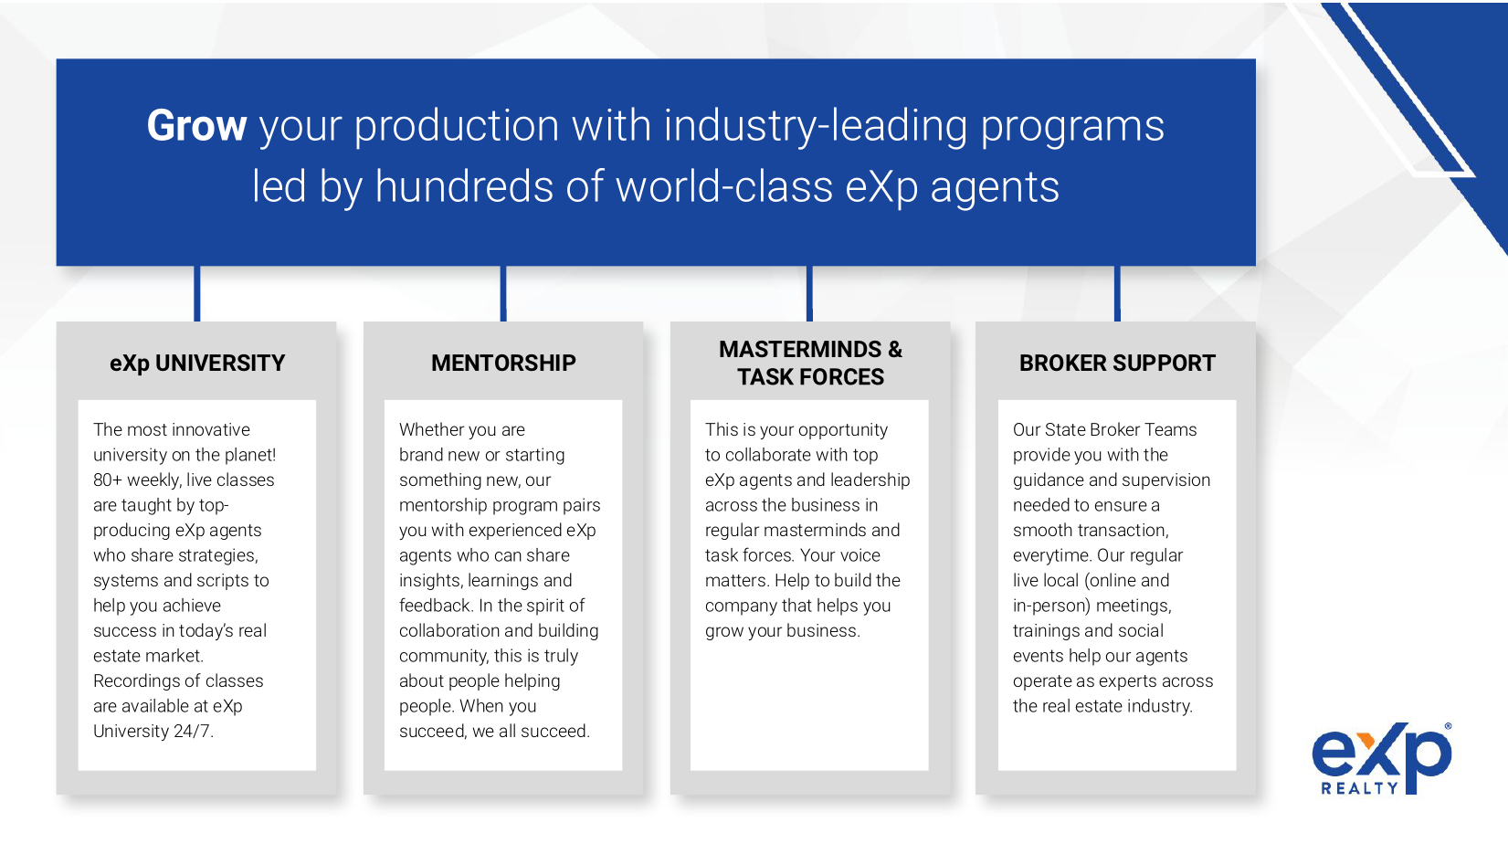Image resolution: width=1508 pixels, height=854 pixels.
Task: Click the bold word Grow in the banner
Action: coord(196,126)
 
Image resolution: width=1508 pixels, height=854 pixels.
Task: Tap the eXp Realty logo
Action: coord(1382,758)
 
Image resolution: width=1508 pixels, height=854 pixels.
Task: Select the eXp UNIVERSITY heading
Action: coord(197,364)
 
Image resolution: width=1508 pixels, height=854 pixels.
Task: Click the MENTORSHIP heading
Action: coord(503,364)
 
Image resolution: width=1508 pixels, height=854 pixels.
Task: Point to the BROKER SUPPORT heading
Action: coord(1117,364)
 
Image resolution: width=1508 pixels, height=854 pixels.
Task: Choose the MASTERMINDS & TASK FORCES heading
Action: coord(810,363)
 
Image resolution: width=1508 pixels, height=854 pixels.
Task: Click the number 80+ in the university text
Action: coord(108,480)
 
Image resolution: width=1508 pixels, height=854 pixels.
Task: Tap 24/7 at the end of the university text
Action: coord(193,732)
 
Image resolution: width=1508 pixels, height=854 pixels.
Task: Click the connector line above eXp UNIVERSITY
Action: coord(197,293)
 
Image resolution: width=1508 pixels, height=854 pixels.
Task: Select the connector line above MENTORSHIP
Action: coord(503,293)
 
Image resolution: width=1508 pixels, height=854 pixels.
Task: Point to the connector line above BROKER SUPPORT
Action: coord(1118,293)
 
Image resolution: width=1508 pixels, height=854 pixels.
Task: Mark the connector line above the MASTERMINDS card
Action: coord(810,293)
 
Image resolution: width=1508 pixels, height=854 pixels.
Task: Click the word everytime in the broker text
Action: coord(1052,556)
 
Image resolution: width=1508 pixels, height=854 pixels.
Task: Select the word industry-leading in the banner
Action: coord(816,127)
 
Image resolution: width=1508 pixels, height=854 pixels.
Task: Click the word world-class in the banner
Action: coord(724,186)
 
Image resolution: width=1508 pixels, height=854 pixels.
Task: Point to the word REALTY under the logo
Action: coord(1360,789)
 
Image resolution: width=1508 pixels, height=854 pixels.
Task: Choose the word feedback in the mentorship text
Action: coord(435,606)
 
